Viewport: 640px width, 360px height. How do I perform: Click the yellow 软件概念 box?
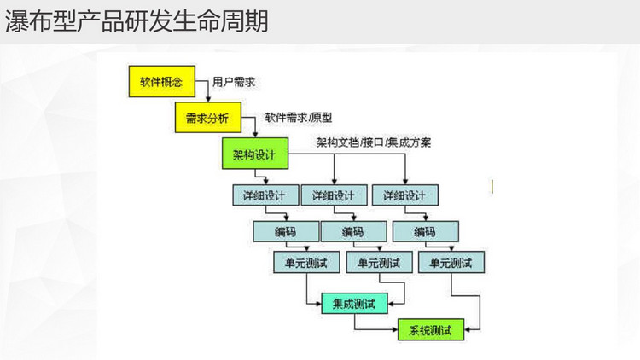162,81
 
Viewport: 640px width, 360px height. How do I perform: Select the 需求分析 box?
208,118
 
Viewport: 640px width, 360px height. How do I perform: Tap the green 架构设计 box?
255,154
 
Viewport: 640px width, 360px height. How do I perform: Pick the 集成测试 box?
354,303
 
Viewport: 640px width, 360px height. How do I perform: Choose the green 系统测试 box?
431,330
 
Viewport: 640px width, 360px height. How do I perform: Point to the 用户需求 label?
234,82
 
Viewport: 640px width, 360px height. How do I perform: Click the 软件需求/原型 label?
299,118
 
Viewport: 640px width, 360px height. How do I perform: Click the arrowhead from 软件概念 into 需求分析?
208,99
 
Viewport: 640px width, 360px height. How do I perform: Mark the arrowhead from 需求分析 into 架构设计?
255,135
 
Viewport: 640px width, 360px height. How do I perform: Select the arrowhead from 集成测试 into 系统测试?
395,329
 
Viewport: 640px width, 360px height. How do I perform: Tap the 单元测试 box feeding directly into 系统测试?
451,262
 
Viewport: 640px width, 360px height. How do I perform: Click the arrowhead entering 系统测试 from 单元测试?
468,329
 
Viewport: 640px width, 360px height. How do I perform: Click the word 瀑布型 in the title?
41,21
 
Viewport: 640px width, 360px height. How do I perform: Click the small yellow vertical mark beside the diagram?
492,187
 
